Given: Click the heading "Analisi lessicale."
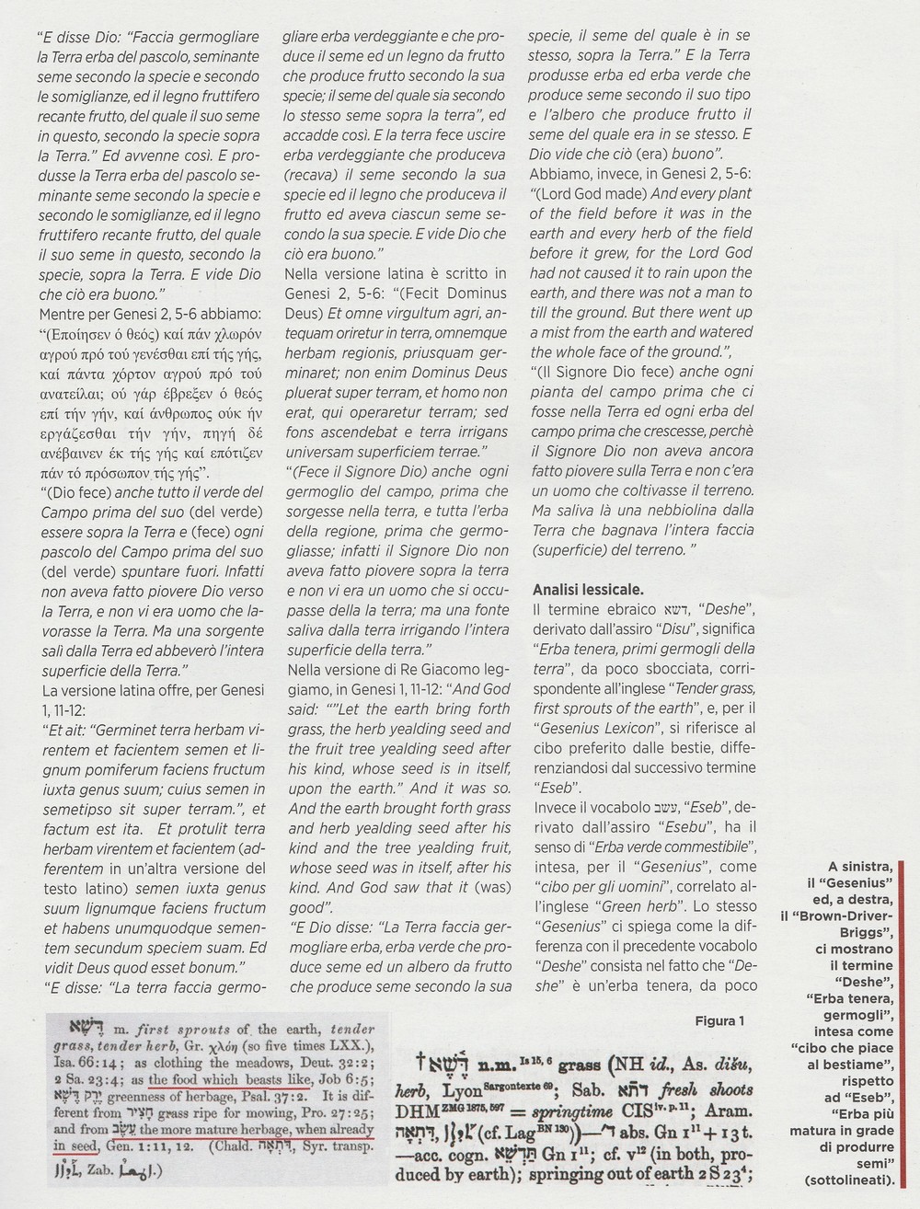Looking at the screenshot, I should (x=589, y=589).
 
